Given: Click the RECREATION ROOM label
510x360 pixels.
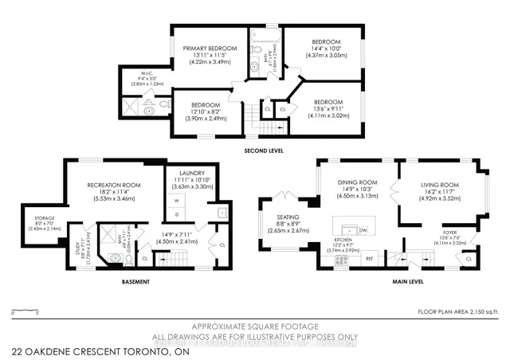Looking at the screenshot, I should (x=114, y=185).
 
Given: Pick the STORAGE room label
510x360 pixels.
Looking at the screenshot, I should (x=45, y=217).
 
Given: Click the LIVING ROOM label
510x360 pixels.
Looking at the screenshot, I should (x=441, y=184).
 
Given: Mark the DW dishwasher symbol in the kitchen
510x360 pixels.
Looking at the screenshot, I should (x=363, y=229).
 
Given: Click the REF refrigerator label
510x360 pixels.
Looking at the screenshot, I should (x=369, y=258).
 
